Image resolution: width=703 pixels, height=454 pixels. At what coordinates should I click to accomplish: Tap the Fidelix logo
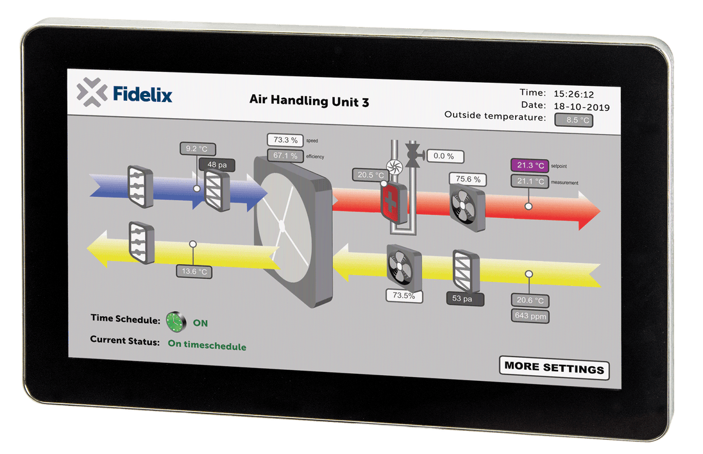point(124,93)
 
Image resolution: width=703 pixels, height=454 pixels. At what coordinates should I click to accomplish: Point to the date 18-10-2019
point(582,107)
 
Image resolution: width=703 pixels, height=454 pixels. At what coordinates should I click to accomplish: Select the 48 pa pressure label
point(217,165)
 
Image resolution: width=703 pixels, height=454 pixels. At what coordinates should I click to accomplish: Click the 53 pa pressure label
point(466,298)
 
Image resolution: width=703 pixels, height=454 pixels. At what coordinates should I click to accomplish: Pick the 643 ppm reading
point(530,315)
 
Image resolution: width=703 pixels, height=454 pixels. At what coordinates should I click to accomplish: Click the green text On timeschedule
point(207,346)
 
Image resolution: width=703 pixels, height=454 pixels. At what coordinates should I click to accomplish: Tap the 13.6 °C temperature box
point(194,271)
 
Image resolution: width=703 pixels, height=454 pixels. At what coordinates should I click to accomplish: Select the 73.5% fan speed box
point(404,296)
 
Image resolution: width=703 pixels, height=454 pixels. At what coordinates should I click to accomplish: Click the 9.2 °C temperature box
point(196,149)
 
